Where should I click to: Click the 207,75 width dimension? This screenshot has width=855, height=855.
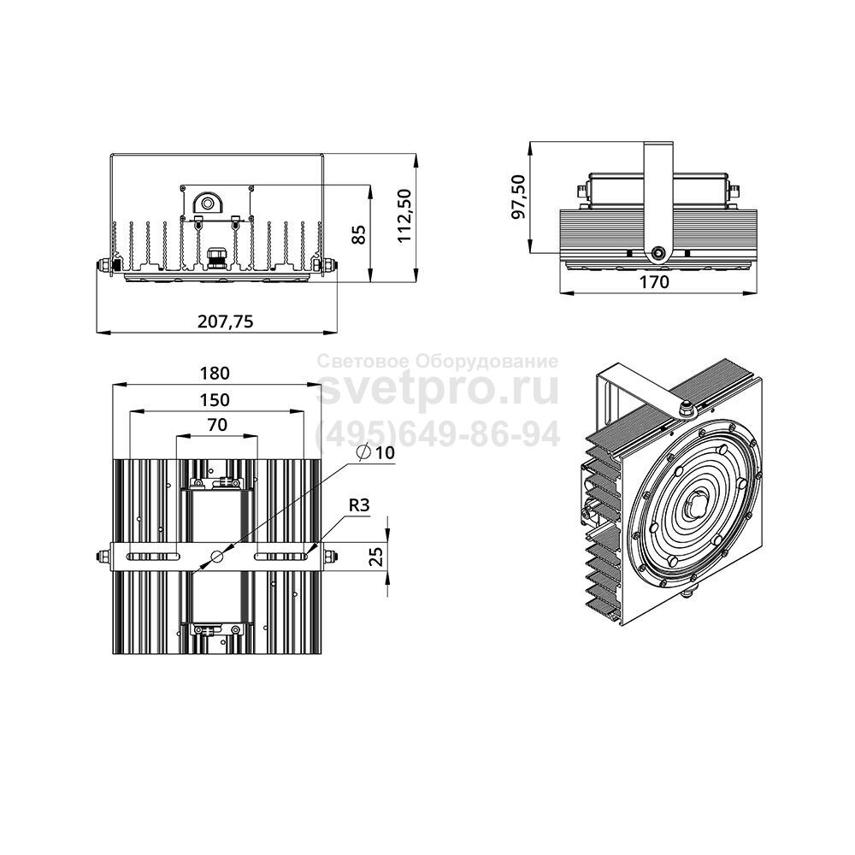tap(225, 321)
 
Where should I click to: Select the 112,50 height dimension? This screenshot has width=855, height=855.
tap(404, 216)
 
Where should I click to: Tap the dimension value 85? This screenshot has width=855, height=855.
tap(358, 234)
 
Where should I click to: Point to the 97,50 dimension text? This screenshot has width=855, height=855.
tap(518, 197)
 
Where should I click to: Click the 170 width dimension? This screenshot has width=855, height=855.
tap(653, 282)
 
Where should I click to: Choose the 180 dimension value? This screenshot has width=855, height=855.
tap(215, 374)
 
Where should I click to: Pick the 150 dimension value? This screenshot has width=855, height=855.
tap(215, 400)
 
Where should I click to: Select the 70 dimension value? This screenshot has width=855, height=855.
tap(217, 425)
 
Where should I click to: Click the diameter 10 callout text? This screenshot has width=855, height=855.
tap(375, 452)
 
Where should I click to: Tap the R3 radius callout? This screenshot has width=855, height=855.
tap(359, 505)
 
